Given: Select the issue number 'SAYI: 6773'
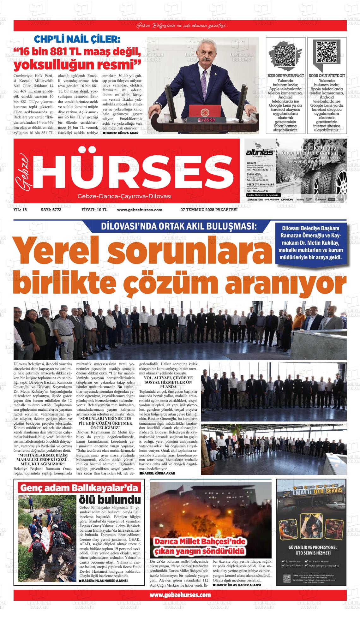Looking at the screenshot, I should tap(51, 210).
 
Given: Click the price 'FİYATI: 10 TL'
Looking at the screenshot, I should tap(94, 210).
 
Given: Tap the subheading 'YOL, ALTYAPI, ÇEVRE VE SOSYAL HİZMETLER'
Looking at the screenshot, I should tap(168, 382).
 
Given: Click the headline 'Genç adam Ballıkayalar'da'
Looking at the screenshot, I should tap(79, 488).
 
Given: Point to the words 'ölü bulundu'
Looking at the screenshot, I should tap(110, 500).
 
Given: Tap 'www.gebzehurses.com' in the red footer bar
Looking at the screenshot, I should tap(180, 595).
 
